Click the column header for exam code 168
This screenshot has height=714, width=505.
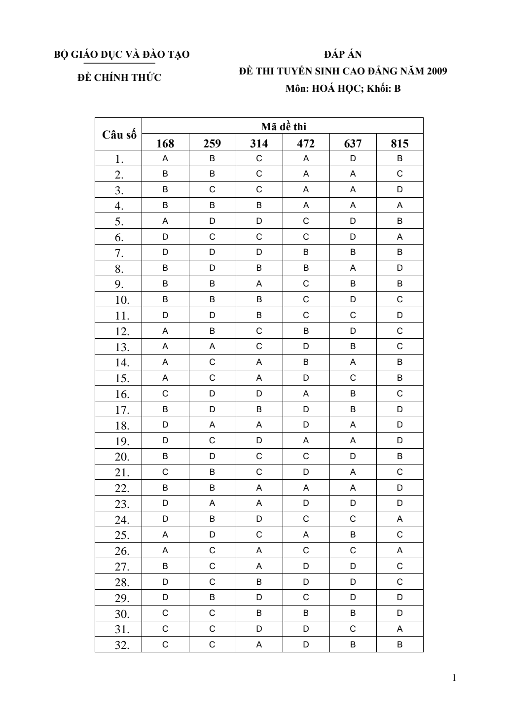click(165, 143)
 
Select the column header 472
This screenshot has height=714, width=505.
click(306, 143)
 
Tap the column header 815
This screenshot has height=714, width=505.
click(399, 143)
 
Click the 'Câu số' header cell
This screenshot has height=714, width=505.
click(119, 135)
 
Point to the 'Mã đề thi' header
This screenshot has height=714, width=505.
click(283, 126)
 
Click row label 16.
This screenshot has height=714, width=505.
click(122, 394)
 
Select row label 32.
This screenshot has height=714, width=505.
click(122, 645)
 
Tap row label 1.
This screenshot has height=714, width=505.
click(119, 159)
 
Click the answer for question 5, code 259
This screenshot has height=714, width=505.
click(212, 221)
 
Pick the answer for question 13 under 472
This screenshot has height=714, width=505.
click(306, 347)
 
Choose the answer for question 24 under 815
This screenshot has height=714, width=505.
click(399, 519)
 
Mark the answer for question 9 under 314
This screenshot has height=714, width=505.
click(259, 284)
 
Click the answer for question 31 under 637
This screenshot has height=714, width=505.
click(353, 629)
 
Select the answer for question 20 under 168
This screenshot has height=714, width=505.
click(165, 457)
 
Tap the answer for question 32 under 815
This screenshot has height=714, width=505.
click(399, 644)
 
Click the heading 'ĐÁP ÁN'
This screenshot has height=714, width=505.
click(343, 54)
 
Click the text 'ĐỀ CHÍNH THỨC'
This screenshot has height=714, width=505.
click(119, 77)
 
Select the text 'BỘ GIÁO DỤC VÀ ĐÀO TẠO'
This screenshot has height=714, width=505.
click(121, 54)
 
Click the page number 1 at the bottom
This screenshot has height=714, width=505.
click(454, 678)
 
